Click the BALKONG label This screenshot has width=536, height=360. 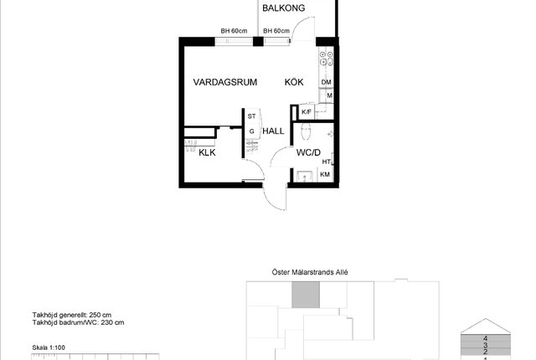[283, 8]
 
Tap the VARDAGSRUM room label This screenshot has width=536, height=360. [225, 82]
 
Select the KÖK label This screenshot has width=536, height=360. [294, 82]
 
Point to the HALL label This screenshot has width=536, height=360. [273, 131]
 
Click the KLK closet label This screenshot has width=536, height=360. [207, 152]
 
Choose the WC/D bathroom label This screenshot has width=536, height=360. [308, 152]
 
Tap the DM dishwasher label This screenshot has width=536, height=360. [326, 82]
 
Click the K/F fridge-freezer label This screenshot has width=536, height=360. [307, 112]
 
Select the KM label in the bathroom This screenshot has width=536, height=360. [325, 174]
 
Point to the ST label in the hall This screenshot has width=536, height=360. [251, 116]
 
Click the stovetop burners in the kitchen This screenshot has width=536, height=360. [326, 58]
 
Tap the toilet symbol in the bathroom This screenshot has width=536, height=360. [306, 131]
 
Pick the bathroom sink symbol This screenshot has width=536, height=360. [305, 177]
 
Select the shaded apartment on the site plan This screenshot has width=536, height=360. [306, 295]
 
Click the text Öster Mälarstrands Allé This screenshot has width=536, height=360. [310, 272]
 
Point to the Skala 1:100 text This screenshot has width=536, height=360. [49, 347]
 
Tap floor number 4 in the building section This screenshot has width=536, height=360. [486, 338]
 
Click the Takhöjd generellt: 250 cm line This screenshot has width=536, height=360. [72, 315]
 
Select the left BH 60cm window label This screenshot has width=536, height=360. [234, 31]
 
